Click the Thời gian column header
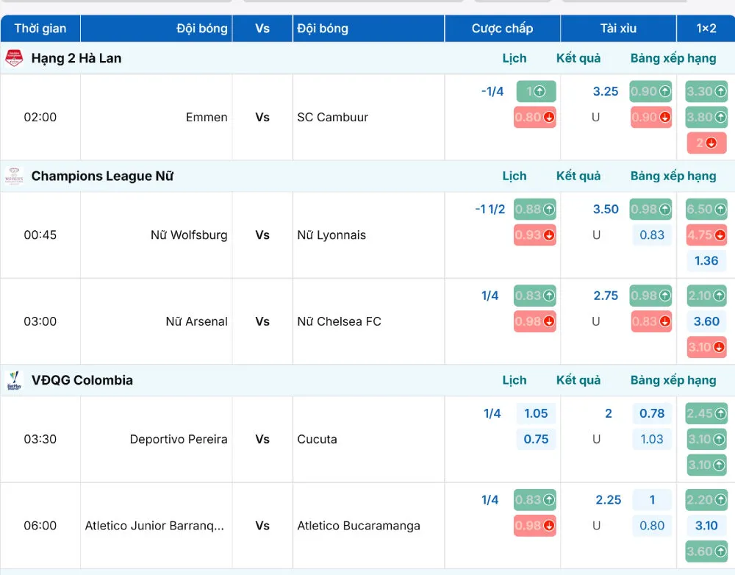(x=40, y=29)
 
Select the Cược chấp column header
(x=502, y=29)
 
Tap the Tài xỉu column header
(x=618, y=29)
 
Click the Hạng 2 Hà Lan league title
(x=76, y=58)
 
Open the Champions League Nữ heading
(x=102, y=176)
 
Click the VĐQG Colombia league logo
(x=14, y=380)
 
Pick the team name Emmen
(x=207, y=117)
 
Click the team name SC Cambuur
(x=332, y=117)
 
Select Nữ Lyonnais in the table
(x=331, y=235)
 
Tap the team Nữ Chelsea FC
(x=339, y=322)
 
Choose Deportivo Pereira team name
(x=179, y=440)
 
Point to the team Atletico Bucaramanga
(x=359, y=526)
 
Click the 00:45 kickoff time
(x=40, y=235)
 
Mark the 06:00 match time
(x=40, y=526)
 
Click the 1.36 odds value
(x=706, y=261)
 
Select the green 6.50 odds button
(x=706, y=209)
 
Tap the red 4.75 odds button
(x=706, y=235)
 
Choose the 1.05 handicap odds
(x=536, y=414)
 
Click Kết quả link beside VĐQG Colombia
(x=578, y=380)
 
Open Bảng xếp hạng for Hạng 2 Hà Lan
(x=673, y=58)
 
